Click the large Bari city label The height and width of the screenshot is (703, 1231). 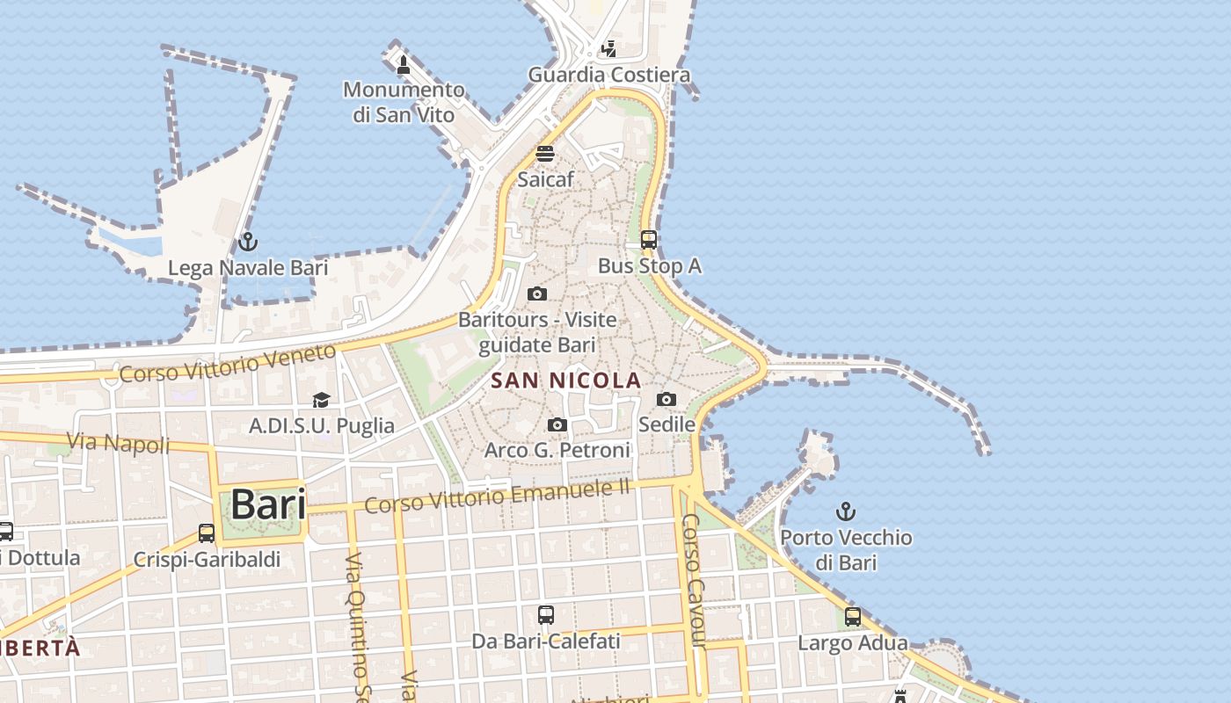(x=268, y=505)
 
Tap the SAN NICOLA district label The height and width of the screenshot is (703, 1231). (x=566, y=380)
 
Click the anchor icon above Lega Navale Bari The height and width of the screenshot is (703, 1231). (x=248, y=241)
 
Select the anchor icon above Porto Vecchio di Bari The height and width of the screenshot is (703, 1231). (x=845, y=511)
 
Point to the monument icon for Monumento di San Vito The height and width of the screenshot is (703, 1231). (x=404, y=64)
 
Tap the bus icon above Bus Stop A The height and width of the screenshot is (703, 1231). (x=649, y=239)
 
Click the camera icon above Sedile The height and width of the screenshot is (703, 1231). (x=666, y=399)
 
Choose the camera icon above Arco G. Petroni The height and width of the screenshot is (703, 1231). (x=557, y=425)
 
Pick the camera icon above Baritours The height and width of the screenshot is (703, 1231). (x=537, y=294)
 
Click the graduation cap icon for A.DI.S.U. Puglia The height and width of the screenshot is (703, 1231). (x=321, y=400)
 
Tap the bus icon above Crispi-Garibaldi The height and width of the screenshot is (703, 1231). (x=207, y=533)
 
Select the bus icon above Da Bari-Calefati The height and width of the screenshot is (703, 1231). (x=546, y=615)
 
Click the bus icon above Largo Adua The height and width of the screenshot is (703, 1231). (x=852, y=617)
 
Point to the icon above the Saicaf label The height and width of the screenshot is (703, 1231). (x=545, y=154)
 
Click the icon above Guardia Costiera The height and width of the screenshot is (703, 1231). (x=608, y=49)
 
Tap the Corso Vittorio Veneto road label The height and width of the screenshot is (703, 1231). (x=228, y=363)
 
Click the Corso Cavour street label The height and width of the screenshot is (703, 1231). (x=693, y=580)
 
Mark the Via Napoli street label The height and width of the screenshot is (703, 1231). (x=118, y=442)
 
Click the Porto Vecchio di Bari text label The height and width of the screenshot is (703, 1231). (x=846, y=549)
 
